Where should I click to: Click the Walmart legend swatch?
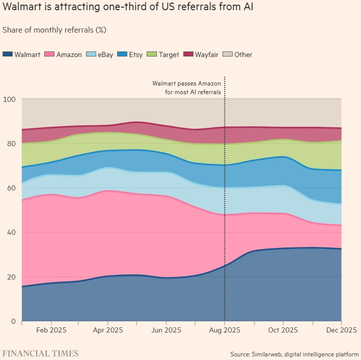(7, 54)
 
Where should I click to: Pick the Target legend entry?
(163, 54)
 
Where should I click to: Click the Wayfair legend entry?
(201, 54)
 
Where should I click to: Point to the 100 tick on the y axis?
(9, 99)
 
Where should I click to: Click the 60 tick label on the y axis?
(11, 188)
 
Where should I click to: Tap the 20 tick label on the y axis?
(11, 277)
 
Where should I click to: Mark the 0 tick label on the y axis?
(13, 321)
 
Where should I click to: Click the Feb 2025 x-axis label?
(51, 330)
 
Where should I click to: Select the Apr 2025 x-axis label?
(108, 330)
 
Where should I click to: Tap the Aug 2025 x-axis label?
(225, 330)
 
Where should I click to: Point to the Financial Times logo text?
(41, 353)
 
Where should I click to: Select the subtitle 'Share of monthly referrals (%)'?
(54, 30)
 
